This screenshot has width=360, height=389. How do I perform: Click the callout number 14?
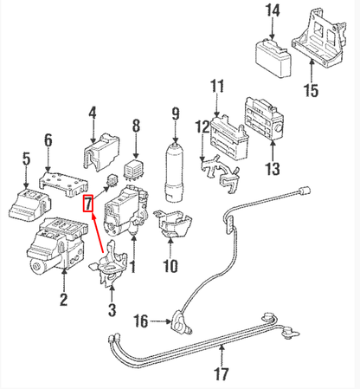click(273, 11)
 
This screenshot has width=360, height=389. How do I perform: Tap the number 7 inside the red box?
click(87, 204)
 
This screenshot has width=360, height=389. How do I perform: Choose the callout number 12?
click(202, 126)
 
